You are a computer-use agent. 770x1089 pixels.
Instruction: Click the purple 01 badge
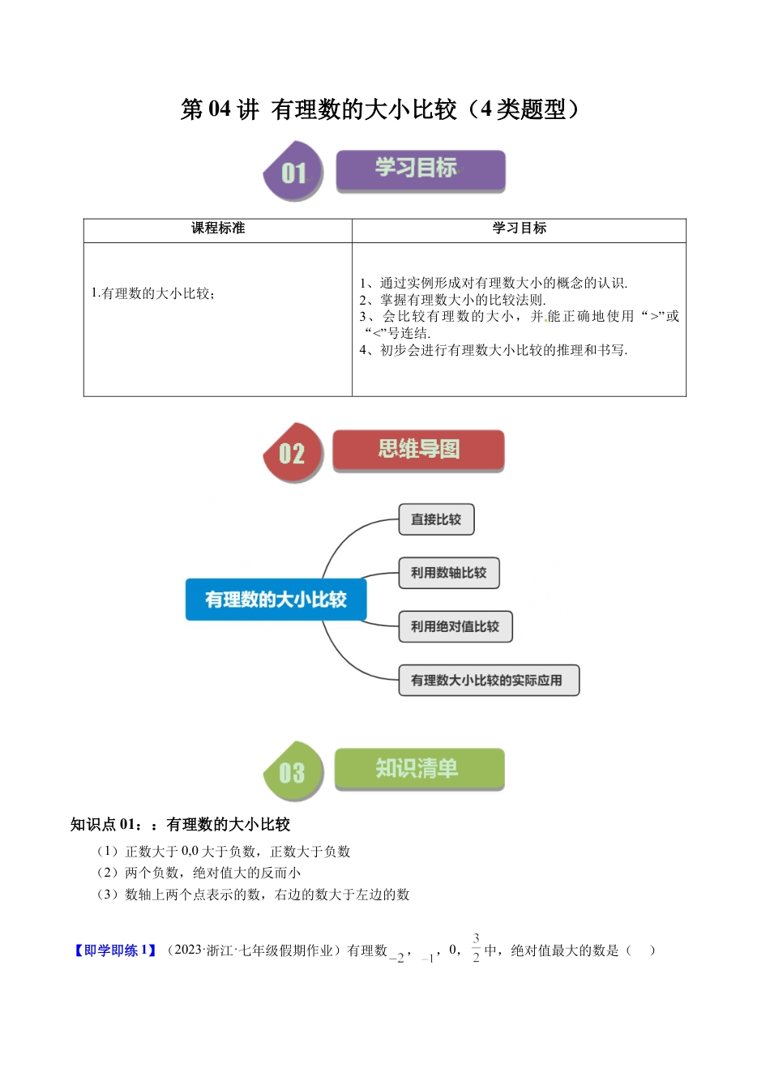(293, 172)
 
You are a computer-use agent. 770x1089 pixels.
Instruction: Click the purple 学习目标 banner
(421, 170)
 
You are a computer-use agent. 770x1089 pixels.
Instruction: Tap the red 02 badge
(293, 452)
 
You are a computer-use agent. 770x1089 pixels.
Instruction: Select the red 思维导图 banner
(418, 451)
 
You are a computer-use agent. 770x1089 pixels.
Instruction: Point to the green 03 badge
(293, 771)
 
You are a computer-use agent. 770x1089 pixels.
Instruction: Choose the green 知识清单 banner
(419, 769)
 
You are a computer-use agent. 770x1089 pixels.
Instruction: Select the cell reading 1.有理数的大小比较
(154, 293)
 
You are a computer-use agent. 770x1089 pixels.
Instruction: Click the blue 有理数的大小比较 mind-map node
(276, 600)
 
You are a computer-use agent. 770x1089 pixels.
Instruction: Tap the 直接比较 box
(436, 519)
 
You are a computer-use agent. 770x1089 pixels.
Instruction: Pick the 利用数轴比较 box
(448, 573)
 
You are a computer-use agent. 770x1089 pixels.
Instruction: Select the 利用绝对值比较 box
(455, 626)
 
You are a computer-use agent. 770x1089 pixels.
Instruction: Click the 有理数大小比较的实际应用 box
(488, 681)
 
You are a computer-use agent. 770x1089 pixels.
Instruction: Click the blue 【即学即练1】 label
(114, 950)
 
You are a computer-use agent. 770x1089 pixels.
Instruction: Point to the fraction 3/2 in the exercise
(476, 948)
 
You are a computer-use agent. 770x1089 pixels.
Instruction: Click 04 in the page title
(219, 109)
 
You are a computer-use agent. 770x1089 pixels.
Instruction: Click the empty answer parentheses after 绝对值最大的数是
(640, 950)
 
